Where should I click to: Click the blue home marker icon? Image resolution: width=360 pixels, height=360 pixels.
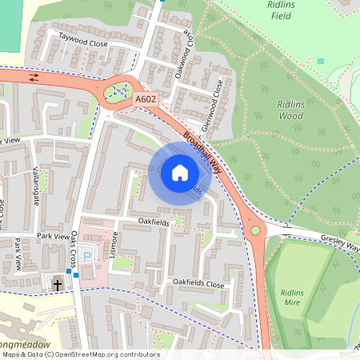coord(179,173)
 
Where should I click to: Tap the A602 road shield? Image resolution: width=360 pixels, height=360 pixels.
coord(145,98)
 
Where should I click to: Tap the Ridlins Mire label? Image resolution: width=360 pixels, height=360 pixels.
coord(297,297)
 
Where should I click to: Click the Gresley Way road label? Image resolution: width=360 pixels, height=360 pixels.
coord(340,242)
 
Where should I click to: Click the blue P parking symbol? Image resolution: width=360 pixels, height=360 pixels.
coord(88,256)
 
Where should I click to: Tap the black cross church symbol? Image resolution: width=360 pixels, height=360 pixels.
coord(58,284)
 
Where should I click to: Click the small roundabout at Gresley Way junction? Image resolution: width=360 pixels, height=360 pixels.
coord(255,230)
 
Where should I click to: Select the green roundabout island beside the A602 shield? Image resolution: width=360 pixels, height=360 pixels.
coord(119,92)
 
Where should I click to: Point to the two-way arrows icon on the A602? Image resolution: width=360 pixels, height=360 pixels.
coord(34,78)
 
